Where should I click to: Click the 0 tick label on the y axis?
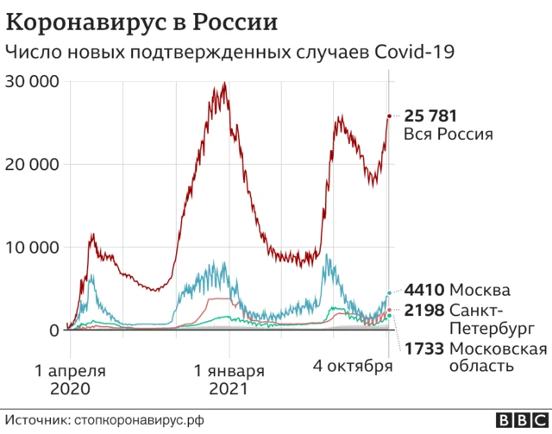coord(53,330)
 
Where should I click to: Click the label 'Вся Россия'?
coord(448,135)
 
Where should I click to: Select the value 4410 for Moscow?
coord(424,290)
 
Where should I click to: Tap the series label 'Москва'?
coord(480,290)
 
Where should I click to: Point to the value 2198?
coord(424,310)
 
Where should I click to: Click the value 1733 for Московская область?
coord(424,349)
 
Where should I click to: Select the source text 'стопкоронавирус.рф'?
coord(140,419)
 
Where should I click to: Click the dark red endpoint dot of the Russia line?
coord(389,116)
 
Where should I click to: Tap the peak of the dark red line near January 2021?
coord(224,84)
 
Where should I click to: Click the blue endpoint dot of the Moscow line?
coord(389,293)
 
